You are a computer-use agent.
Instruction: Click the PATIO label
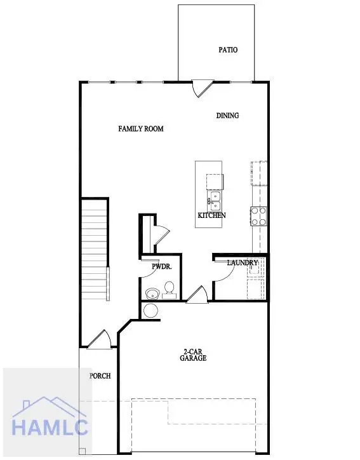pyautogui.click(x=228, y=50)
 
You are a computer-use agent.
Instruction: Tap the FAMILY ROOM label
pyautogui.click(x=141, y=129)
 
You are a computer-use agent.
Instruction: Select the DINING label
pyautogui.click(x=227, y=116)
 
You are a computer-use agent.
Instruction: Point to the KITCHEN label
pyautogui.click(x=211, y=215)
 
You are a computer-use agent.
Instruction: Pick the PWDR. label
pyautogui.click(x=161, y=267)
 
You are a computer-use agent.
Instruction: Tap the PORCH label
pyautogui.click(x=99, y=375)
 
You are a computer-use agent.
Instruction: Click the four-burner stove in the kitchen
pyautogui.click(x=258, y=217)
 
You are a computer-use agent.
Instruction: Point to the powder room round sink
pyautogui.click(x=152, y=294)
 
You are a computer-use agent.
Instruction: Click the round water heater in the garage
pyautogui.click(x=151, y=311)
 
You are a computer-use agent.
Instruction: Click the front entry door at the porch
pyautogui.click(x=100, y=341)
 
